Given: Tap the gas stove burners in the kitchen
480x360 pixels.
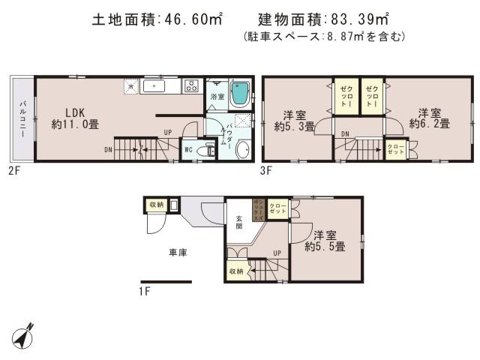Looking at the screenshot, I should [x=190, y=85].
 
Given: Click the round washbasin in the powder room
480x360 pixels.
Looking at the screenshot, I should [x=243, y=149].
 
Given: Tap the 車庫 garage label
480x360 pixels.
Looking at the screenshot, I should [x=177, y=253].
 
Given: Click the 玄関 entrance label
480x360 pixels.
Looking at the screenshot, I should [x=239, y=222].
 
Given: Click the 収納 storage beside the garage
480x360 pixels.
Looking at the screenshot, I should [x=156, y=204].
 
